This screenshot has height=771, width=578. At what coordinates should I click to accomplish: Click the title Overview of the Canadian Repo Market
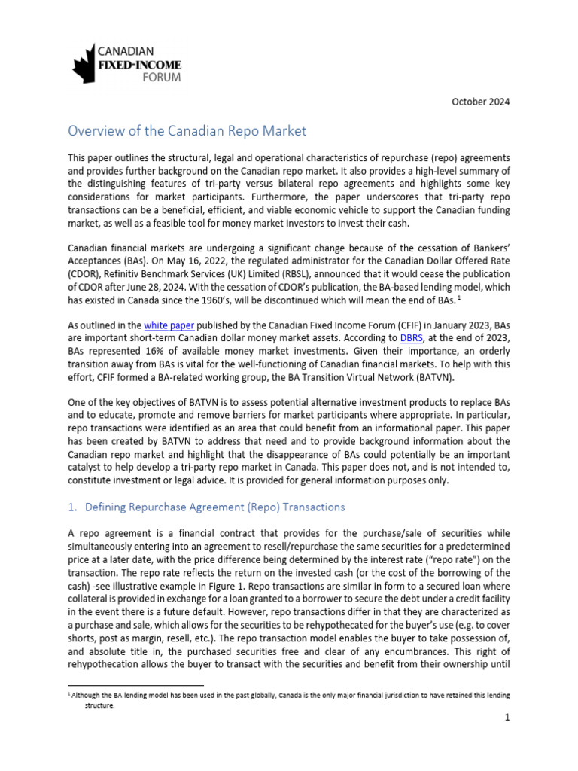[187, 131]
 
